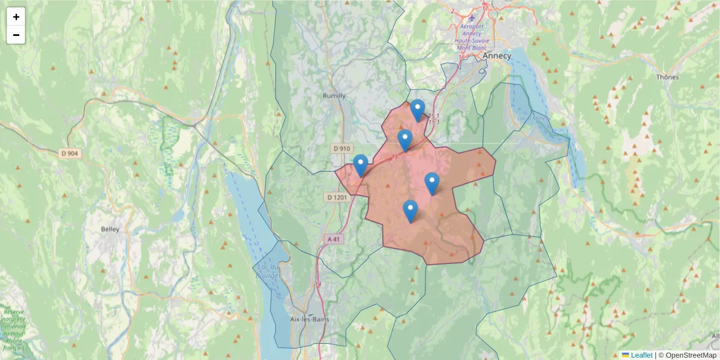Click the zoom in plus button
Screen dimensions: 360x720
pos(16,17)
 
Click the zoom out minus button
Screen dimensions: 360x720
pos(16,35)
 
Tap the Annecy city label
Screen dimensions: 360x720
pos(497,56)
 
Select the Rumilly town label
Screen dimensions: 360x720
pos(334,95)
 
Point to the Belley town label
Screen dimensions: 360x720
pos(110,229)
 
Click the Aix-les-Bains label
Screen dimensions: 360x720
pos(309,319)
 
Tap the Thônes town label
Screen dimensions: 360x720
pos(667,77)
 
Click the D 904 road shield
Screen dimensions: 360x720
pos(70,154)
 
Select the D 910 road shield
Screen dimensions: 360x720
pos(341,148)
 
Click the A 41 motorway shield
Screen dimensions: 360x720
pos(334,239)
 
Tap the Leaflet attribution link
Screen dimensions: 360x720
pos(641,355)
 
